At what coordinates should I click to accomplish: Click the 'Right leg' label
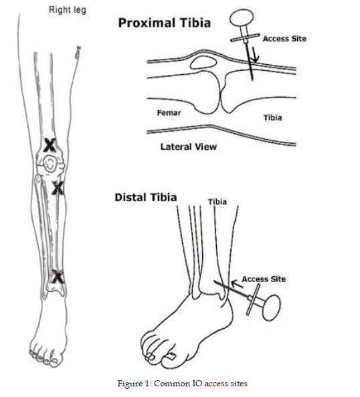[x=68, y=10]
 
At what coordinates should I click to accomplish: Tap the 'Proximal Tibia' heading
[x=165, y=23]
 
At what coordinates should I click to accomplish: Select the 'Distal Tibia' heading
[x=146, y=197]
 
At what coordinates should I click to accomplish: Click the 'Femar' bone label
[x=169, y=113]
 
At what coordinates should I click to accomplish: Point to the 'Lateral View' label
[x=189, y=147]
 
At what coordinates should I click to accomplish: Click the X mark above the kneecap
[x=50, y=145]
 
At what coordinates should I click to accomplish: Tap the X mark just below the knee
[x=58, y=188]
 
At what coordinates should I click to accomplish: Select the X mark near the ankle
[x=58, y=277]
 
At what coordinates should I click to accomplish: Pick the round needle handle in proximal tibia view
[x=242, y=18]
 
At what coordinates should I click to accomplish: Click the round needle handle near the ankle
[x=271, y=308]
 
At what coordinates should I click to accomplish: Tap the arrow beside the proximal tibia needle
[x=255, y=54]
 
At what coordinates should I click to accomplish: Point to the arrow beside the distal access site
[x=237, y=283]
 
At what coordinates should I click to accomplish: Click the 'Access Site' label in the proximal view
[x=284, y=39]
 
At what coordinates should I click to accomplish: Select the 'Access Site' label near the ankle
[x=264, y=279]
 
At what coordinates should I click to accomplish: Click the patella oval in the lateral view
[x=204, y=63]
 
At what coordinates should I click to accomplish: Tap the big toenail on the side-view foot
[x=171, y=356]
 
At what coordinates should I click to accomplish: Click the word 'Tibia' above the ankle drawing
[x=217, y=202]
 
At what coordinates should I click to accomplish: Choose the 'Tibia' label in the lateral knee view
[x=273, y=118]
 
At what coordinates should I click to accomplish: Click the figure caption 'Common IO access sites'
[x=201, y=384]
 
